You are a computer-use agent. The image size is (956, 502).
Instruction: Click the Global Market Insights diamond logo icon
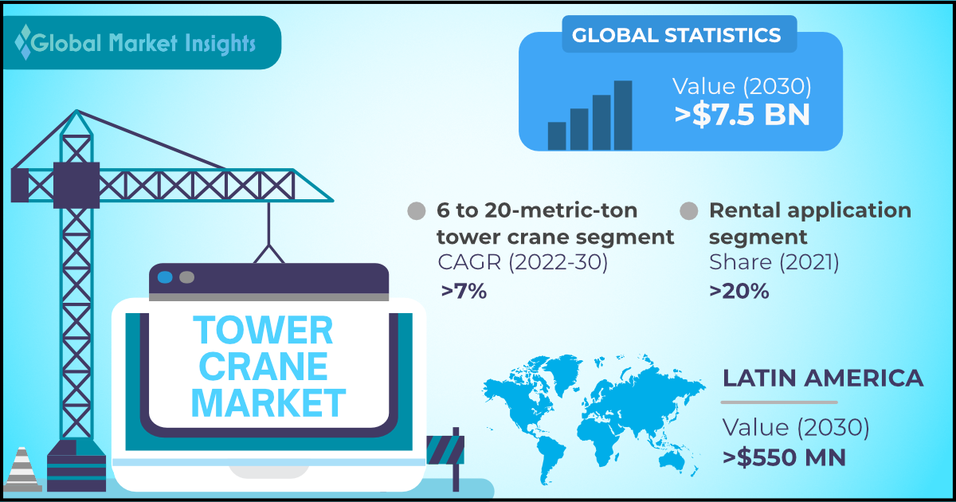pyautogui.click(x=23, y=41)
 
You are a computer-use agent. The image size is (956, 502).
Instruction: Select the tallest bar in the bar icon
pyautogui.click(x=623, y=116)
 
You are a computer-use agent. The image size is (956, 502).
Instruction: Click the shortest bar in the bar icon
pyautogui.click(x=557, y=136)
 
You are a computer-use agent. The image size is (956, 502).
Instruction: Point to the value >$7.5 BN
pyautogui.click(x=742, y=115)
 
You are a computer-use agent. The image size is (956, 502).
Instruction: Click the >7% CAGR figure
pyautogui.click(x=464, y=292)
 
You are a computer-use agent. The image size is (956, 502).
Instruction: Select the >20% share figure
pyautogui.click(x=739, y=292)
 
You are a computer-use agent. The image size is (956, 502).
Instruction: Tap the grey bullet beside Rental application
pyautogui.click(x=689, y=211)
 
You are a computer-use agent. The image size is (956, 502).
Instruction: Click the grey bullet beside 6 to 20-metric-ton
pyautogui.click(x=417, y=211)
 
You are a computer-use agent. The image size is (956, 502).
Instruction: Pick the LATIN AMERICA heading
pyautogui.click(x=823, y=378)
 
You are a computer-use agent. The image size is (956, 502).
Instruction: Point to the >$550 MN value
pyautogui.click(x=785, y=457)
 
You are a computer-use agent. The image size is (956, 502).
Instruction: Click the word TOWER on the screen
pyautogui.click(x=263, y=330)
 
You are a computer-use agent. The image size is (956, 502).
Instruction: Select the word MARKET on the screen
pyautogui.click(x=268, y=402)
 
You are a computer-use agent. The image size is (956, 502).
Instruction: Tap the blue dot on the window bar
pyautogui.click(x=165, y=277)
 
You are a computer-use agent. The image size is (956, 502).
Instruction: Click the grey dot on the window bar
pyautogui.click(x=187, y=277)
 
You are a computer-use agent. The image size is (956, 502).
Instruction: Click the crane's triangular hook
pyautogui.click(x=269, y=254)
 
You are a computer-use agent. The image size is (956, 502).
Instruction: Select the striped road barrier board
pyautogui.click(x=445, y=450)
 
